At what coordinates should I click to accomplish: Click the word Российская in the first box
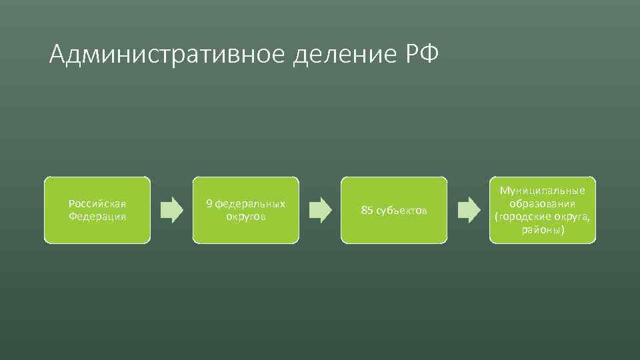pyautogui.click(x=97, y=203)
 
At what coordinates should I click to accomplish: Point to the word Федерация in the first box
pyautogui.click(x=97, y=217)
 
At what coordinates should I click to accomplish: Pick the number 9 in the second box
pyautogui.click(x=209, y=203)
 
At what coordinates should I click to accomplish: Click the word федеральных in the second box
pyautogui.click(x=251, y=203)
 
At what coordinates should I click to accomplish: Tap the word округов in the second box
pyautogui.click(x=246, y=217)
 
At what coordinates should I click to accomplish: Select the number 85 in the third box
pyautogui.click(x=367, y=211)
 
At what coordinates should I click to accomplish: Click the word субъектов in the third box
pyautogui.click(x=401, y=211)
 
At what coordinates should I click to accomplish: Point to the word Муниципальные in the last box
pyautogui.click(x=542, y=191)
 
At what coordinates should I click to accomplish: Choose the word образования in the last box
pyautogui.click(x=542, y=203)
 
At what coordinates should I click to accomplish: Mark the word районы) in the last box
pyautogui.click(x=542, y=230)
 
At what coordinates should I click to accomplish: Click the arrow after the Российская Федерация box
pyautogui.click(x=172, y=210)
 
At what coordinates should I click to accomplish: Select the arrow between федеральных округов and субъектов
pyautogui.click(x=321, y=210)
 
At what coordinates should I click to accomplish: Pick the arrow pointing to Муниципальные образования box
pyautogui.click(x=469, y=210)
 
